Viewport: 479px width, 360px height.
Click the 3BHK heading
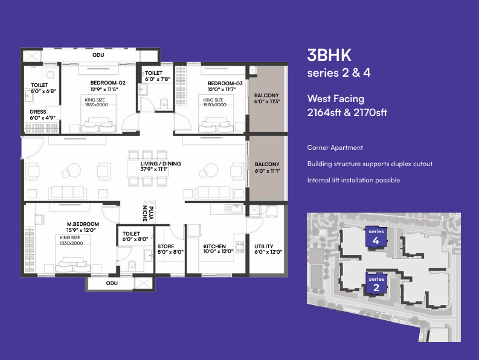329,56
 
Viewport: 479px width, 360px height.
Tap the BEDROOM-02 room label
108,83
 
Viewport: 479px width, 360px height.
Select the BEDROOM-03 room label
225,83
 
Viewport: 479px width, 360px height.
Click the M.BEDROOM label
83,224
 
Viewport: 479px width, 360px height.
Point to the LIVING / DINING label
161,164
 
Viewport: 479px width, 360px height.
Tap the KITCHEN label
214,246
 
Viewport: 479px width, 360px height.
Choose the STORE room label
166,246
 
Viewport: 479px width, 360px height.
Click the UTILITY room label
263,246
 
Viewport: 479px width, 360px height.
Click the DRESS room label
38,112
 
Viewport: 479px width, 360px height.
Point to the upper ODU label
98,55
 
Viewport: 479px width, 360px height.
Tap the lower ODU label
112,283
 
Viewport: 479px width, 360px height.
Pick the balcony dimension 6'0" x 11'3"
267,101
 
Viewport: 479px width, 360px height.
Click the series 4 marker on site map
376,237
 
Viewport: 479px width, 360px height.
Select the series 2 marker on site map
376,284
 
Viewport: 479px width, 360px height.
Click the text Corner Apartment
335,147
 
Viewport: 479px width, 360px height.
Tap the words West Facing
336,98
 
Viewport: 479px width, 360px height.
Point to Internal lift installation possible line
353,181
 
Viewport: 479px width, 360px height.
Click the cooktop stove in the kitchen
239,247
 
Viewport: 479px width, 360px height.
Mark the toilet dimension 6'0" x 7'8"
157,79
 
